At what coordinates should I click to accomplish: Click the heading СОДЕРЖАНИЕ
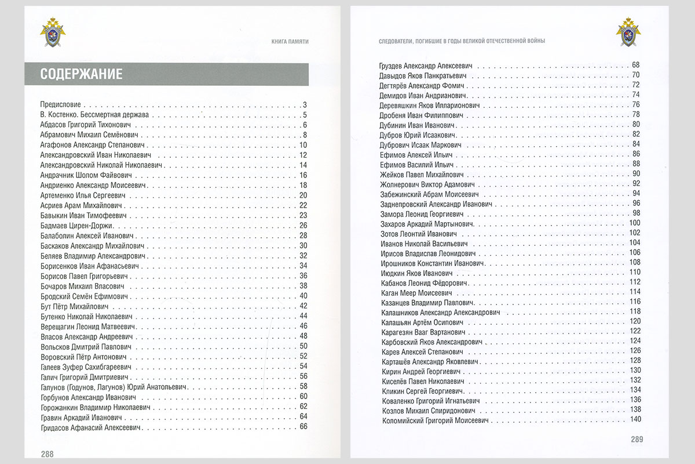coord(81,74)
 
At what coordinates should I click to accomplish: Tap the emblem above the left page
coord(53,32)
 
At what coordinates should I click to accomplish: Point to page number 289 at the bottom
coord(637,440)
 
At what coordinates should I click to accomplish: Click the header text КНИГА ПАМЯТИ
coord(290,41)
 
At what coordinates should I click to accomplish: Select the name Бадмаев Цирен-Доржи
coord(77,226)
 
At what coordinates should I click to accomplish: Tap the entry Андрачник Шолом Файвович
coord(87,175)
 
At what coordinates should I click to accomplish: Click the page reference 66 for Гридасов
coord(303,427)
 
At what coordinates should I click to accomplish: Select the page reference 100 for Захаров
coord(634,223)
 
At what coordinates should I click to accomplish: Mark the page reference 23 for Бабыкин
coord(303,215)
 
